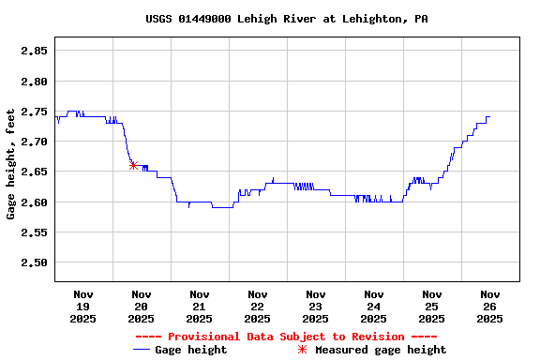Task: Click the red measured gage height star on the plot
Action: [x=133, y=165]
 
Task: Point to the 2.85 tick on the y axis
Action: [x=35, y=51]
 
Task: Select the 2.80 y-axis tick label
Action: [x=35, y=82]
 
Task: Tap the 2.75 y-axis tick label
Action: [x=35, y=112]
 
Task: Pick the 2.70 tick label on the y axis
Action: [x=35, y=142]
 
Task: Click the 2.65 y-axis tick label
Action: [x=35, y=172]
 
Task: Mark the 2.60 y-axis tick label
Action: [x=35, y=202]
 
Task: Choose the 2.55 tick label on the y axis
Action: [x=35, y=232]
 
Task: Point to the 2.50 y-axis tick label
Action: [x=35, y=262]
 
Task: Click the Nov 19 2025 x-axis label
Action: [x=82, y=307]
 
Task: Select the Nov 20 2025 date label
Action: [x=141, y=307]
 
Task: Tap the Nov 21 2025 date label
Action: [x=199, y=307]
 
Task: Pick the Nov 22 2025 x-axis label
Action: [x=257, y=307]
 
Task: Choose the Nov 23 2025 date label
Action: [x=315, y=307]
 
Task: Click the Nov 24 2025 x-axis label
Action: [x=373, y=307]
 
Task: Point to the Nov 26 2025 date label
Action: [x=489, y=307]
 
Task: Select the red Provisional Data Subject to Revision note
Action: [x=286, y=337]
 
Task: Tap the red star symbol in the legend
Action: [x=302, y=350]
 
